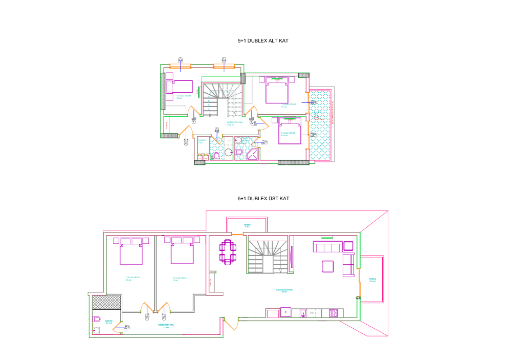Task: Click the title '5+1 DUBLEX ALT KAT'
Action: (x=259, y=40)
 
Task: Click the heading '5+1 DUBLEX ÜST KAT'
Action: (x=259, y=198)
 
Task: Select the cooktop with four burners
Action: (x=334, y=312)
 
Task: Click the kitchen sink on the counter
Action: (x=303, y=312)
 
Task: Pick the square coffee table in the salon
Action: (x=327, y=266)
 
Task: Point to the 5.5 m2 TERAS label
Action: (x=372, y=281)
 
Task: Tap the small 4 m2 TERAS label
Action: (x=247, y=225)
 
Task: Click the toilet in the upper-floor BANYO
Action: (x=97, y=319)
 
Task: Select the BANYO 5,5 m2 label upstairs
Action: (x=108, y=323)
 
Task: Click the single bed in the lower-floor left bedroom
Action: (x=179, y=86)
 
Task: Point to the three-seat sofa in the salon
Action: (x=327, y=247)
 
